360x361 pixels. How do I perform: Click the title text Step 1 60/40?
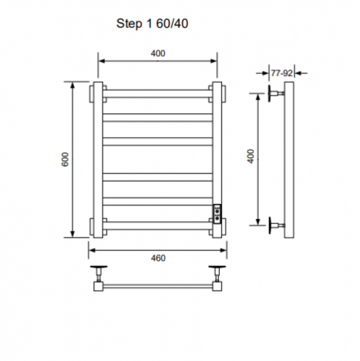point(152,23)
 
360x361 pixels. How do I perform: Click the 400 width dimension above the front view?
point(158,54)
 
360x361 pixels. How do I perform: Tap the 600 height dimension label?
point(65,159)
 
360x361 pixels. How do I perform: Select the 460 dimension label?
point(158,258)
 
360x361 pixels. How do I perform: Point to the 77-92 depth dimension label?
point(282,73)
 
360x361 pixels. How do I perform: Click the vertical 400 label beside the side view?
point(251,156)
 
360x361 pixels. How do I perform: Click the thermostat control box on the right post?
point(217,214)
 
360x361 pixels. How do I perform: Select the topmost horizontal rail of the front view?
point(158,94)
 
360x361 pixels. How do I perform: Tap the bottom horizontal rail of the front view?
point(158,226)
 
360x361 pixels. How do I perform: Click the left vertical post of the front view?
point(98,160)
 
